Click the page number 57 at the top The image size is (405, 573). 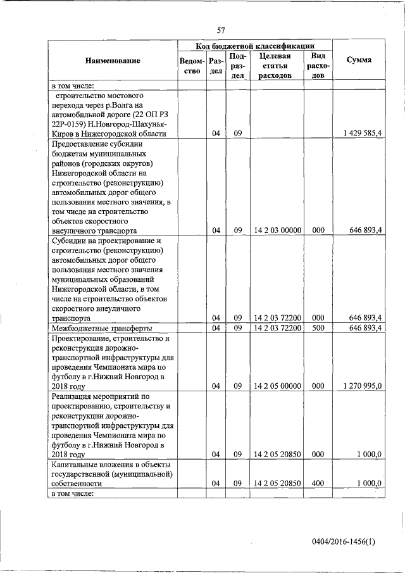(221, 30)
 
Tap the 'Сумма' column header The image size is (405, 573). (359, 60)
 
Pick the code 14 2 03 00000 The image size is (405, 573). (277, 230)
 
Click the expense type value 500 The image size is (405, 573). (318, 327)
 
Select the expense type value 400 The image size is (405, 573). (318, 483)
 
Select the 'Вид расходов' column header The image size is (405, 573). (318, 66)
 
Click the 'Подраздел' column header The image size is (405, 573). (237, 66)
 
